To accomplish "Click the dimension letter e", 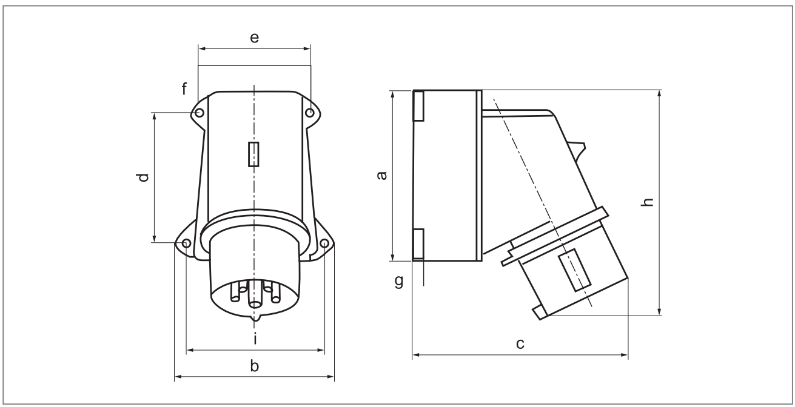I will [255, 38].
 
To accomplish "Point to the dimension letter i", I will [255, 340].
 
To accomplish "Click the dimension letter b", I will [255, 366].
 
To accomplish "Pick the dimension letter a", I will [381, 176].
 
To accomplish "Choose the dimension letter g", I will [398, 282].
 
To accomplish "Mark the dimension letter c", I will [520, 344].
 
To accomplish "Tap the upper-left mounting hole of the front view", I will [200, 113].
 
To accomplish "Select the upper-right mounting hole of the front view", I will [310, 113].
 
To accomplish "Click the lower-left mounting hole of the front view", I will [186, 243].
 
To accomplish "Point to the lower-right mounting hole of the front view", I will [324, 243].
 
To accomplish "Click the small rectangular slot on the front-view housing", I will [254, 154].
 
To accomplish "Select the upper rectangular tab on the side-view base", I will [418, 105].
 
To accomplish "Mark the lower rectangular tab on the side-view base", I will [418, 243].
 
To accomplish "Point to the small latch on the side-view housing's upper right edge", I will [579, 148].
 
